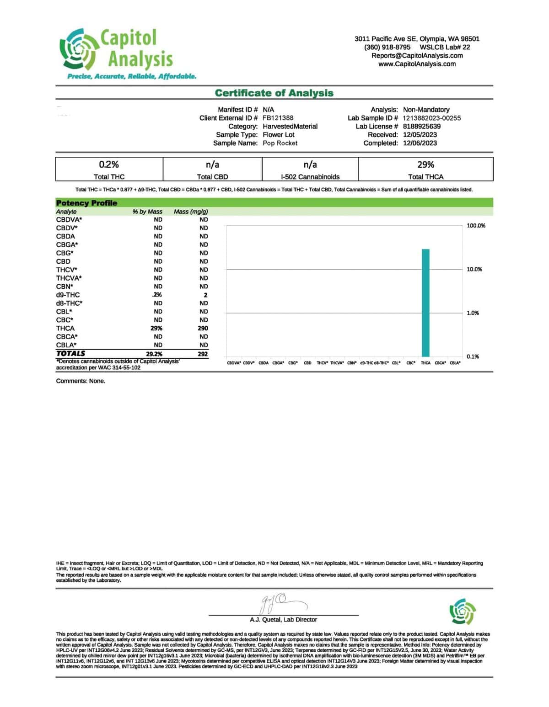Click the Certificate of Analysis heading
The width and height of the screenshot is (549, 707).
274,93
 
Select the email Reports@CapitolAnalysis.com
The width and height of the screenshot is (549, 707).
417,56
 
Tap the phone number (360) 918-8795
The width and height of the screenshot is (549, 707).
387,47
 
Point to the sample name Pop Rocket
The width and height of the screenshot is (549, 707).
280,143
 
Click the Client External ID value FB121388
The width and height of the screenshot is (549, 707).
278,118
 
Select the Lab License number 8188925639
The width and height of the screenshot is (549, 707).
421,126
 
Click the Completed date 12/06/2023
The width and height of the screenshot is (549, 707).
420,143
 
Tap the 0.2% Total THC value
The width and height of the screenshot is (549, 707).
109,165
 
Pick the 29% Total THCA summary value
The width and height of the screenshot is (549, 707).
425,165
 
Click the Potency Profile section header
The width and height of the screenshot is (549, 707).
86,203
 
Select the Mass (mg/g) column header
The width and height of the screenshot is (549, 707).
191,212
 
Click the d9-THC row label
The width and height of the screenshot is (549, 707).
68,295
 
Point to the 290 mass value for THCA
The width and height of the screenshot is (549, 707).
203,328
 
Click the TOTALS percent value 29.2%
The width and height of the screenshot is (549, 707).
154,354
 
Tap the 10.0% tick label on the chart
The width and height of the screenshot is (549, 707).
474,269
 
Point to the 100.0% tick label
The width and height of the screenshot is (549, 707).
476,226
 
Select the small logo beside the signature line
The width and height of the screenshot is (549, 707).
463,611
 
